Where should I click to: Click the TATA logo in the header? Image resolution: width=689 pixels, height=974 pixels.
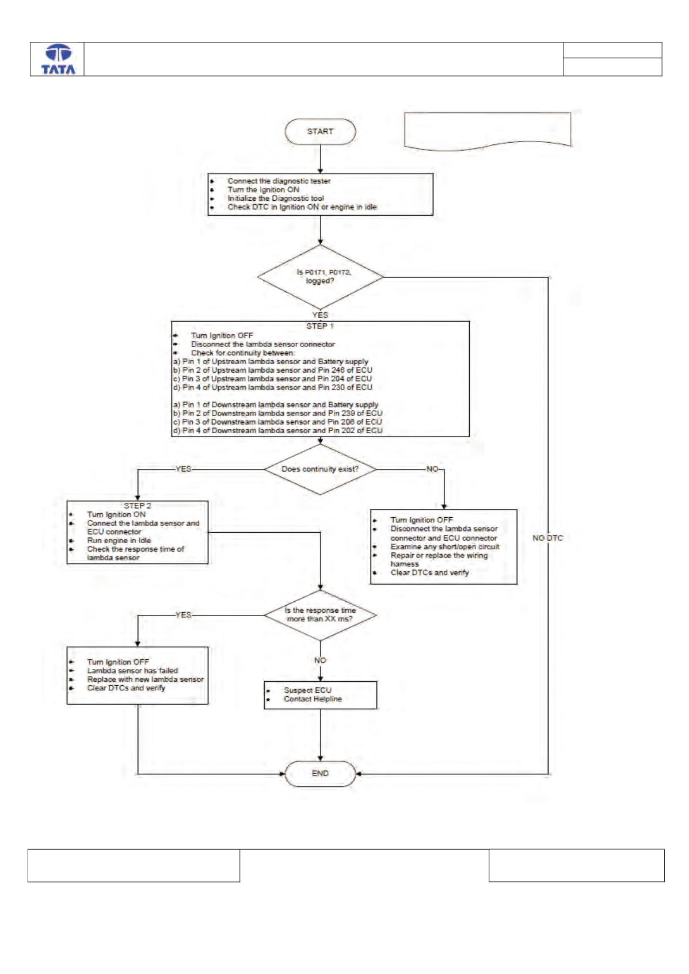click(x=58, y=59)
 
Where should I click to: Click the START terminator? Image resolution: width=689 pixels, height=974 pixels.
click(x=320, y=131)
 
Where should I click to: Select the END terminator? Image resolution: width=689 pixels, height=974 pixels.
click(x=320, y=774)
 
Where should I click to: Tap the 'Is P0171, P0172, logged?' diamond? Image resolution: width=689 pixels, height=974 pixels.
click(x=320, y=277)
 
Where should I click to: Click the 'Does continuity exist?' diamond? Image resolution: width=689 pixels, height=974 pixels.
click(x=320, y=469)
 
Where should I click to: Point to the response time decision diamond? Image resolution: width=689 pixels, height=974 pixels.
click(x=320, y=615)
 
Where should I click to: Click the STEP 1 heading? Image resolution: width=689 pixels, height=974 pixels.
click(x=320, y=326)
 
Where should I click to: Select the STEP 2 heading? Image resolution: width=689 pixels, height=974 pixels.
click(x=138, y=506)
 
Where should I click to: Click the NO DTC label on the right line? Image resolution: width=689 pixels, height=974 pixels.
click(x=547, y=538)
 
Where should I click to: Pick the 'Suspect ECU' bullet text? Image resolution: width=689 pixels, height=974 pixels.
click(x=307, y=690)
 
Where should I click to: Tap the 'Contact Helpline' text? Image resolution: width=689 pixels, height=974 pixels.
click(x=313, y=699)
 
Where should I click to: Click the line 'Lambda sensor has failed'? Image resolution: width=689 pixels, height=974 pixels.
click(x=132, y=670)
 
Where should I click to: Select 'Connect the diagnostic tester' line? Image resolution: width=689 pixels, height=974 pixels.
click(x=279, y=181)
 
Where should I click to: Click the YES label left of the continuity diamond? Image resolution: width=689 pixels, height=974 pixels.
click(x=183, y=469)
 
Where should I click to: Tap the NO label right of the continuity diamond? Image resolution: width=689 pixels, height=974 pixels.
click(x=432, y=469)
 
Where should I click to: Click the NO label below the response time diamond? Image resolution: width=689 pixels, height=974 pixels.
click(x=320, y=660)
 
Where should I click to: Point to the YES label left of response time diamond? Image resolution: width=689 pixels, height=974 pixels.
click(x=183, y=615)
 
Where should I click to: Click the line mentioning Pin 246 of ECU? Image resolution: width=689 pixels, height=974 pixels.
click(x=273, y=370)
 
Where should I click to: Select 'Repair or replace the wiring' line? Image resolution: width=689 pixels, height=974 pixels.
click(x=439, y=555)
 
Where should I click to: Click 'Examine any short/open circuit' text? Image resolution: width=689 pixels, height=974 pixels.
click(x=444, y=547)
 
